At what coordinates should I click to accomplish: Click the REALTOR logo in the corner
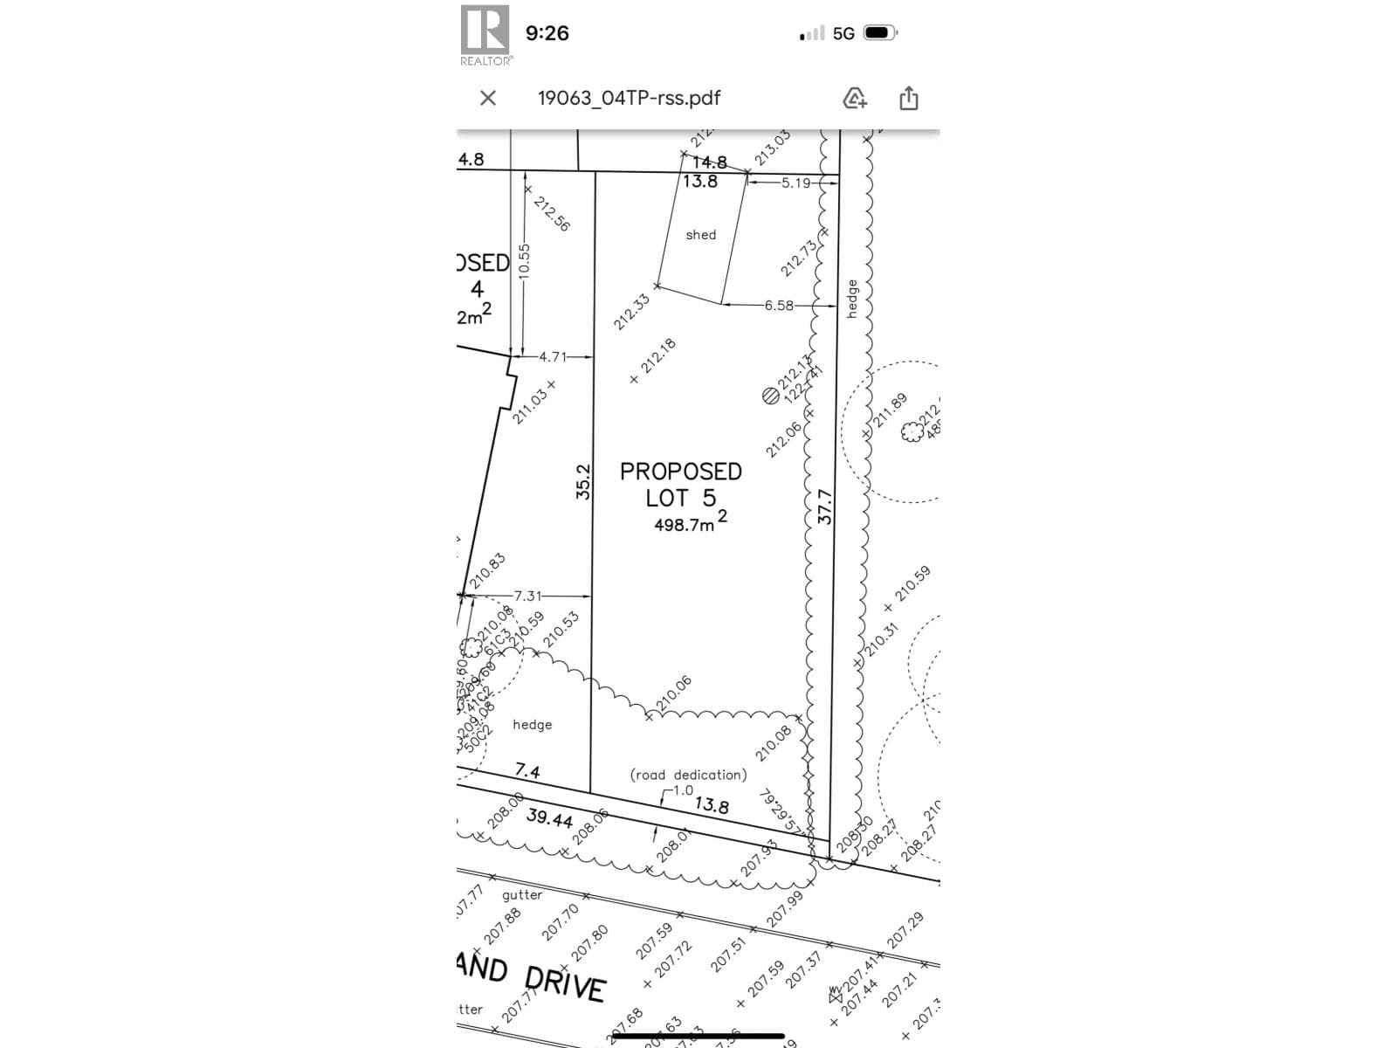point(485,34)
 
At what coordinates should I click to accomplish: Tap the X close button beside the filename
point(488,98)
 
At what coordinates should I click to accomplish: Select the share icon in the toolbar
point(908,98)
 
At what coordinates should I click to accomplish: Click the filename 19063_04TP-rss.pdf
point(629,98)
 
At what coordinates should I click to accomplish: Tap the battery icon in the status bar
point(879,33)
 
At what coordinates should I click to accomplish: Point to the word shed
point(700,235)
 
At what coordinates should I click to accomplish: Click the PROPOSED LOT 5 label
point(680,485)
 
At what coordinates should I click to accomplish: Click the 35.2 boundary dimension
point(583,481)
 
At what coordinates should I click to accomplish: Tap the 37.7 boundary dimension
point(825,507)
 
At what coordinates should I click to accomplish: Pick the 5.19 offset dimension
point(795,183)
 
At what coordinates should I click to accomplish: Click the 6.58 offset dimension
point(779,306)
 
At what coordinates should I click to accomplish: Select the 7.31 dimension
point(527,596)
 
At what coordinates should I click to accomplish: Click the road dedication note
point(688,775)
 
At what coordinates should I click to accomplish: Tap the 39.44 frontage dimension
point(549,817)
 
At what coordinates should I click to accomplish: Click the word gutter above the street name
point(522,895)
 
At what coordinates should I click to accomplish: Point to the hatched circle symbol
point(770,396)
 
